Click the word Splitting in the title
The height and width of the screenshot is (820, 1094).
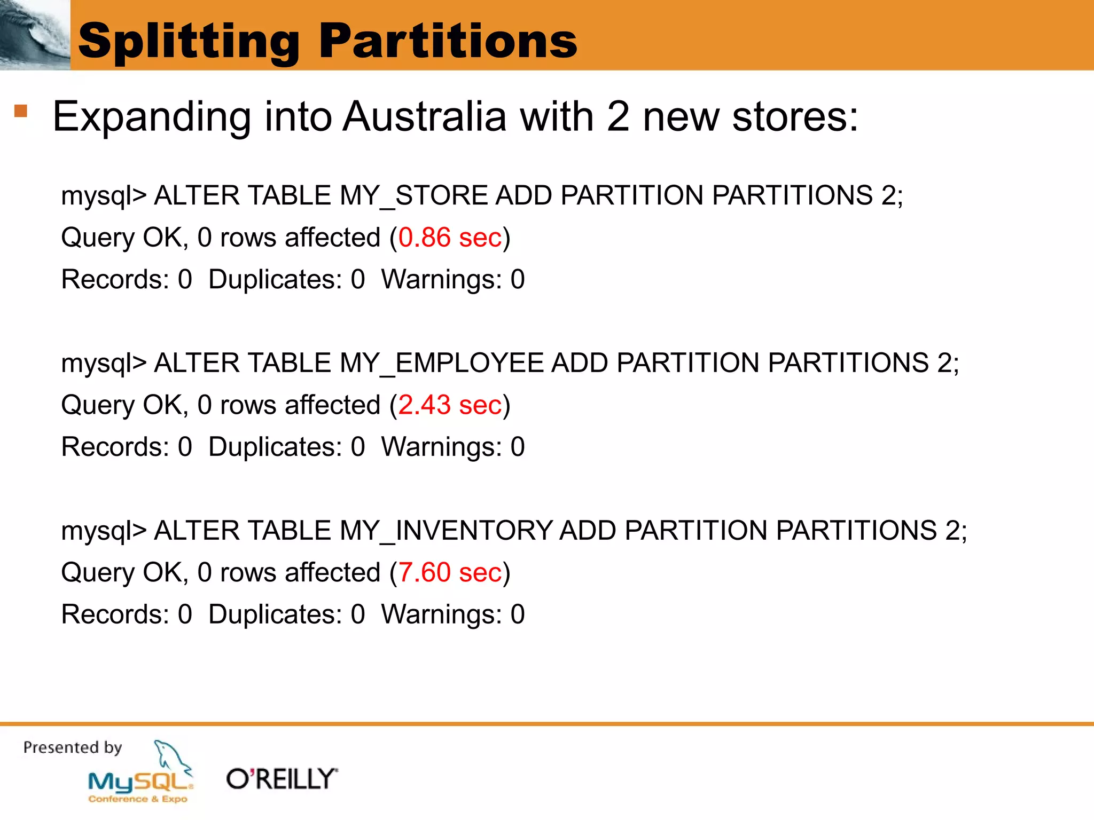[189, 42]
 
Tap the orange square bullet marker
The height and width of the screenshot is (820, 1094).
[21, 111]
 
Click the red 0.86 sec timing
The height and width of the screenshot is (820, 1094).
[450, 238]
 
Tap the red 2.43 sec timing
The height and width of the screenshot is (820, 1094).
[450, 405]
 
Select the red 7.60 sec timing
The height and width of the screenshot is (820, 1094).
[450, 573]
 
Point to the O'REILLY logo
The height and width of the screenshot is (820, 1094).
[282, 779]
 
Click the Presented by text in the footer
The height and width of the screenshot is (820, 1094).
[73, 747]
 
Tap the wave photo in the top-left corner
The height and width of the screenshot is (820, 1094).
[35, 35]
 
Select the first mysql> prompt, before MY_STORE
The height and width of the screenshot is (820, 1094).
[104, 196]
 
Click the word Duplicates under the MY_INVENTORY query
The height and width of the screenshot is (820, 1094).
[275, 614]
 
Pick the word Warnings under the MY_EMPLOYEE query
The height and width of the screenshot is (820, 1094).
[441, 447]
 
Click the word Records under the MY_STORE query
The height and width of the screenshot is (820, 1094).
[115, 279]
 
